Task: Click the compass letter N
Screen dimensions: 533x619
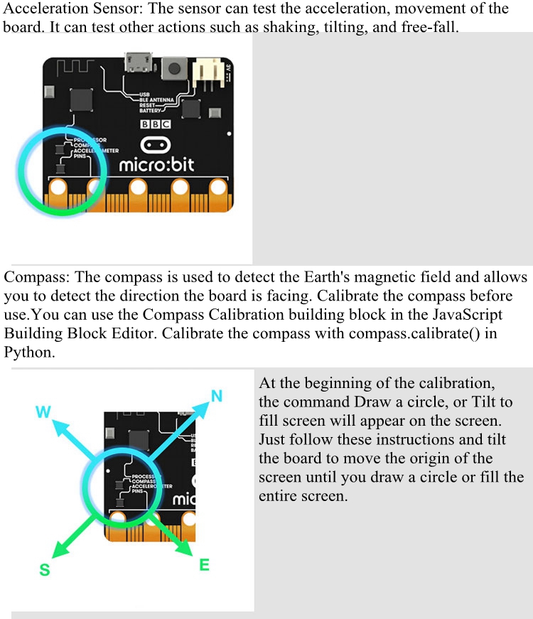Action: [217, 396]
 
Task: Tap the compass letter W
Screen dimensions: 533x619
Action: [43, 411]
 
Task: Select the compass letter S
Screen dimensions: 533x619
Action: [45, 570]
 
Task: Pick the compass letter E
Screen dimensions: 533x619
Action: [204, 565]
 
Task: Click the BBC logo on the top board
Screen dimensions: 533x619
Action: [156, 124]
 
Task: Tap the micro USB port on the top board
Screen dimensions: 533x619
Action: [138, 62]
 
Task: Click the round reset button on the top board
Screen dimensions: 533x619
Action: [174, 68]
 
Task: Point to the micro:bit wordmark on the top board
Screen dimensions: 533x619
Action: [157, 165]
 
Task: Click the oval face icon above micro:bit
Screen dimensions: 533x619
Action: [156, 145]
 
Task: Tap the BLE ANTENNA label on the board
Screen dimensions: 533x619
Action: [156, 100]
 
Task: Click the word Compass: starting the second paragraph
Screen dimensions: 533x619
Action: [37, 278]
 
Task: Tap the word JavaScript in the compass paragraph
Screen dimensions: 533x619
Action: [468, 315]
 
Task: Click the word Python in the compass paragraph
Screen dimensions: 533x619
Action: [28, 352]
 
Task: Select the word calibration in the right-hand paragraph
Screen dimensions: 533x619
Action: [456, 383]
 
